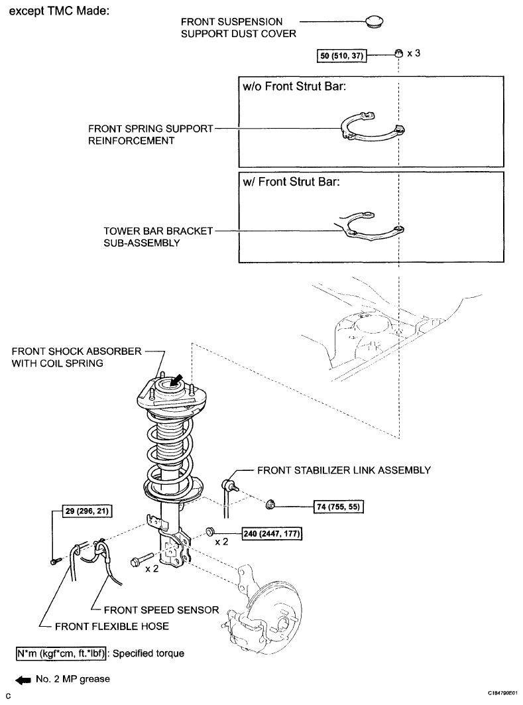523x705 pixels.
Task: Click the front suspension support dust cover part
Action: (373, 21)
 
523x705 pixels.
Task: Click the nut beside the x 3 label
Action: (398, 54)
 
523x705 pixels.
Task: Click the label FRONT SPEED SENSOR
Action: (161, 609)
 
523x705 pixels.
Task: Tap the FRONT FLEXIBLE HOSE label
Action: (112, 626)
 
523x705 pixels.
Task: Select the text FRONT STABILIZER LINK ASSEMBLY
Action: (344, 470)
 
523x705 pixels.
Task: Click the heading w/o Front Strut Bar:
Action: (294, 86)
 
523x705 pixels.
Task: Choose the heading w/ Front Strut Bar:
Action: (291, 182)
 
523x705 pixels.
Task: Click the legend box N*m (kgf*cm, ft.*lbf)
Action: (61, 653)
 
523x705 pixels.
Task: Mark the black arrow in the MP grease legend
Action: (23, 680)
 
